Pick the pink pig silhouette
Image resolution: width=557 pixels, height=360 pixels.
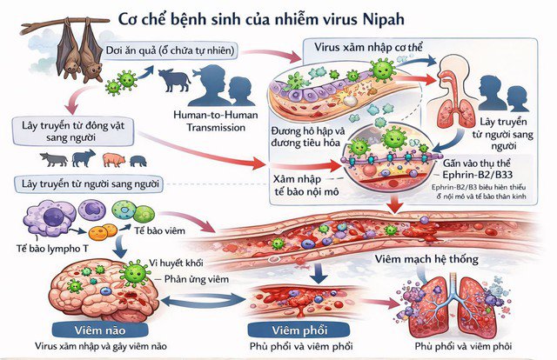(113, 158)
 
